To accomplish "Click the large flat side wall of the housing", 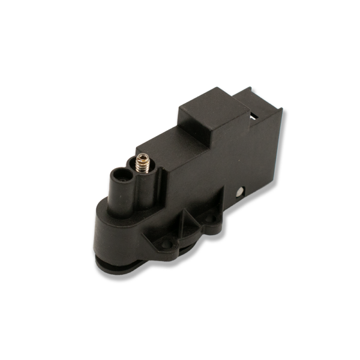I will [240, 162].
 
